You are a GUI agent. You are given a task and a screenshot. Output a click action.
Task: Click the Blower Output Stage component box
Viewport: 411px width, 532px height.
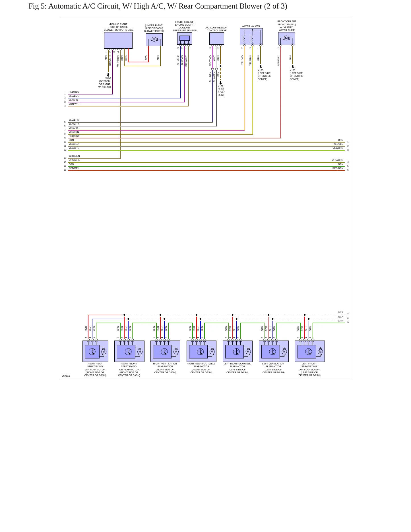coord(118,40)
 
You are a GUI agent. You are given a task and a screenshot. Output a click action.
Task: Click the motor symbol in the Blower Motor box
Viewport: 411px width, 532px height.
coord(154,39)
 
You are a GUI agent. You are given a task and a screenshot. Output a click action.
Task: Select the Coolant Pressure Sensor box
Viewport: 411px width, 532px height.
coord(185,39)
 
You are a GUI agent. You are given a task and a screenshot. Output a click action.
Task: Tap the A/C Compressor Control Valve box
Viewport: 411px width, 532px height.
coord(217,39)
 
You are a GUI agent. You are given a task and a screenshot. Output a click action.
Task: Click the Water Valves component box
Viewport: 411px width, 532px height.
coord(251,36)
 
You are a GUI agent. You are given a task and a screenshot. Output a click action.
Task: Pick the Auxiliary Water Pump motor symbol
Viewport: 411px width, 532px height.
coord(286,38)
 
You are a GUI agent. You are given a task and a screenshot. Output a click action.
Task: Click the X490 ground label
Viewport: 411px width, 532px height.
coord(108,78)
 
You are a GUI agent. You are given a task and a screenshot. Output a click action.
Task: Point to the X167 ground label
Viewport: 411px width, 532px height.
coord(221,86)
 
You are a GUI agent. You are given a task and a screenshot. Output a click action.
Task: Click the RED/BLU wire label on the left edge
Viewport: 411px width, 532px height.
coord(74,92)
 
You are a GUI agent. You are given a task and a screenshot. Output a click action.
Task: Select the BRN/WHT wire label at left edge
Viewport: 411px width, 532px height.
coord(74,104)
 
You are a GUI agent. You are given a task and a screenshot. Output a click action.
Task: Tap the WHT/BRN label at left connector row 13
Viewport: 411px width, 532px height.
coord(74,156)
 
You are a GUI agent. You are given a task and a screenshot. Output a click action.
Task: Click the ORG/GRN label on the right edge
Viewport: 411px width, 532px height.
coord(337,160)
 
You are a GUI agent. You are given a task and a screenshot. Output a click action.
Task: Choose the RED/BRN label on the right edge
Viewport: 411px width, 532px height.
coord(338,168)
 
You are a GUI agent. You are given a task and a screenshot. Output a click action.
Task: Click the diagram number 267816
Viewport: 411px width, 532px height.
coord(66,376)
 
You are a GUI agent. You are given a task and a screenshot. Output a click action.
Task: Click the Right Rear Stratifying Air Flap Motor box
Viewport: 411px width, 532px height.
coord(95,351)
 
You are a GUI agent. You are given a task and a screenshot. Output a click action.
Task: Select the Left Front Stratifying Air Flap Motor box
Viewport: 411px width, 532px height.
coord(310,351)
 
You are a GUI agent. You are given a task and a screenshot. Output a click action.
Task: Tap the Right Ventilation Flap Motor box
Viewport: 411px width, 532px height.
coord(165,351)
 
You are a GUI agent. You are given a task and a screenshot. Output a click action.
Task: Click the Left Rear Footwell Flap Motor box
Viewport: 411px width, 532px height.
coord(237,351)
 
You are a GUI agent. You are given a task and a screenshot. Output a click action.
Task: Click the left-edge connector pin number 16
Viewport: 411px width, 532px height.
coord(65,170)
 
